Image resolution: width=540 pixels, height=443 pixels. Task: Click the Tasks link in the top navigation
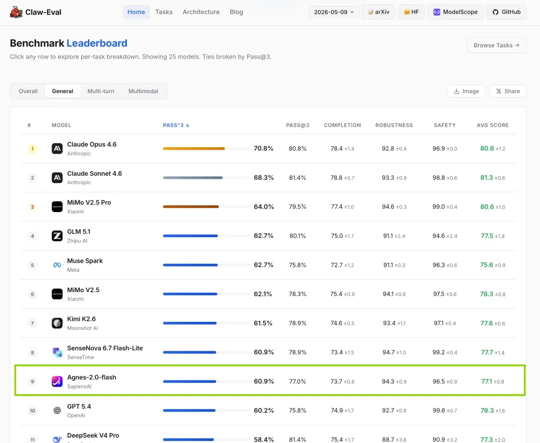(164, 12)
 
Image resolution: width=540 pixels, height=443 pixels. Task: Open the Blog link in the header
(236, 12)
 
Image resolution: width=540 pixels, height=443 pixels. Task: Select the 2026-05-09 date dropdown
(334, 12)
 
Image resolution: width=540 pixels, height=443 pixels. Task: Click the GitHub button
(506, 12)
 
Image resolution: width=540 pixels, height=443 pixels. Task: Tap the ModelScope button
(455, 12)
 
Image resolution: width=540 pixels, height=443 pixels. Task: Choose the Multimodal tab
(143, 91)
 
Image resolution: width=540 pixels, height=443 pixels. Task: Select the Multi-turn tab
(100, 91)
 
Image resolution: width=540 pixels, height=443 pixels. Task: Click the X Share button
(507, 91)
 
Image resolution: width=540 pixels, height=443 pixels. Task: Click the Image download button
(466, 91)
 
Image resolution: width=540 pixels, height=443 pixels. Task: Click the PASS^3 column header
(176, 125)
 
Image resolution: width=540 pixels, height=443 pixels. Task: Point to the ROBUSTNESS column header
(394, 125)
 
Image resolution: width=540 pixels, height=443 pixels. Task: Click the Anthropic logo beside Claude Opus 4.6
(57, 149)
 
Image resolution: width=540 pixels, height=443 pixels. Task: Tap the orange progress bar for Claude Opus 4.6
(194, 149)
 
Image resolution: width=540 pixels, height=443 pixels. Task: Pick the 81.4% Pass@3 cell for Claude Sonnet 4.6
(297, 178)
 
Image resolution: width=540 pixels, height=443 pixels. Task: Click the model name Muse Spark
(84, 261)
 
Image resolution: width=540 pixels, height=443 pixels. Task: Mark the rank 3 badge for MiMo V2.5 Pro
(32, 207)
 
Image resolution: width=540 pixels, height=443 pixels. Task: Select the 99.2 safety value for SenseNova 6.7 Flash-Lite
(439, 352)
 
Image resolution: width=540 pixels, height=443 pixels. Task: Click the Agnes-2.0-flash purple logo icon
(57, 381)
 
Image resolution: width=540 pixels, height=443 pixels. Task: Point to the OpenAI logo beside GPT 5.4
(57, 410)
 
